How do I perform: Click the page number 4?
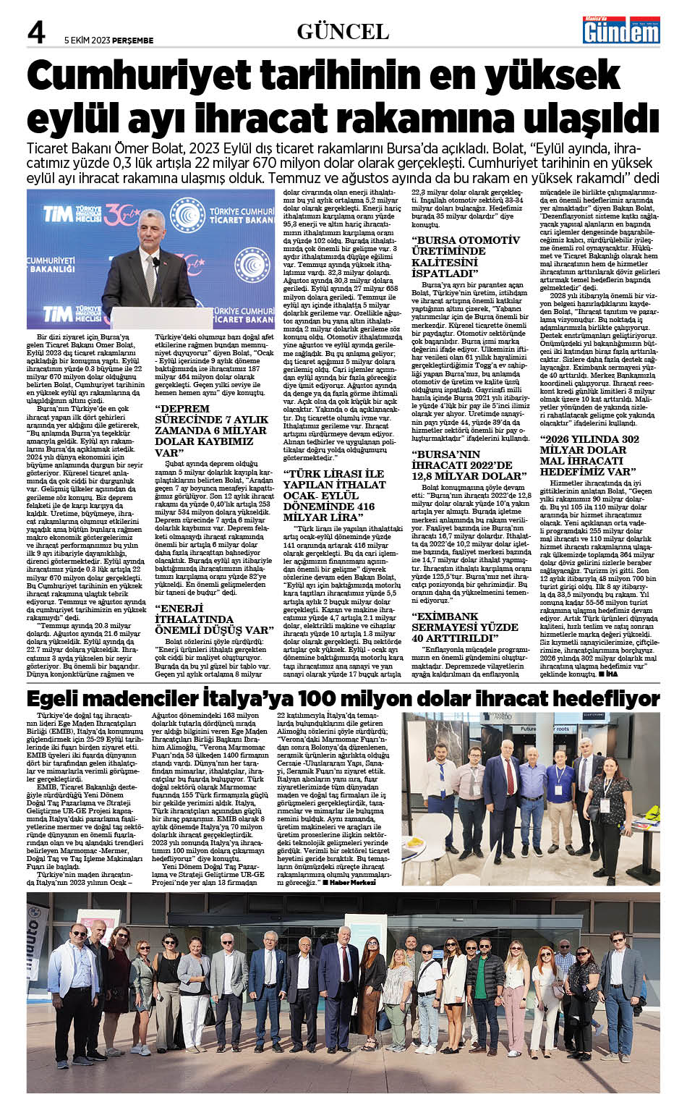tap(36, 33)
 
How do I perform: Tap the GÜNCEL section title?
tap(343, 32)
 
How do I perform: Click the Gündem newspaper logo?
tap(622, 31)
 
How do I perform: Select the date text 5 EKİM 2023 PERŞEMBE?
tap(108, 41)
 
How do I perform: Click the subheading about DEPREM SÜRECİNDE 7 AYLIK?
tap(211, 431)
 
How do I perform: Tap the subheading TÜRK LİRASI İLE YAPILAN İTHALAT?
tap(334, 496)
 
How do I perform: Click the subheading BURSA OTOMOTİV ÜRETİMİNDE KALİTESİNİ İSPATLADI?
tap(466, 257)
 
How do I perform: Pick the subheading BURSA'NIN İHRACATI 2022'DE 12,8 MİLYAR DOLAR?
tap(469, 465)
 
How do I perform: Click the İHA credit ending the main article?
tap(612, 674)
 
